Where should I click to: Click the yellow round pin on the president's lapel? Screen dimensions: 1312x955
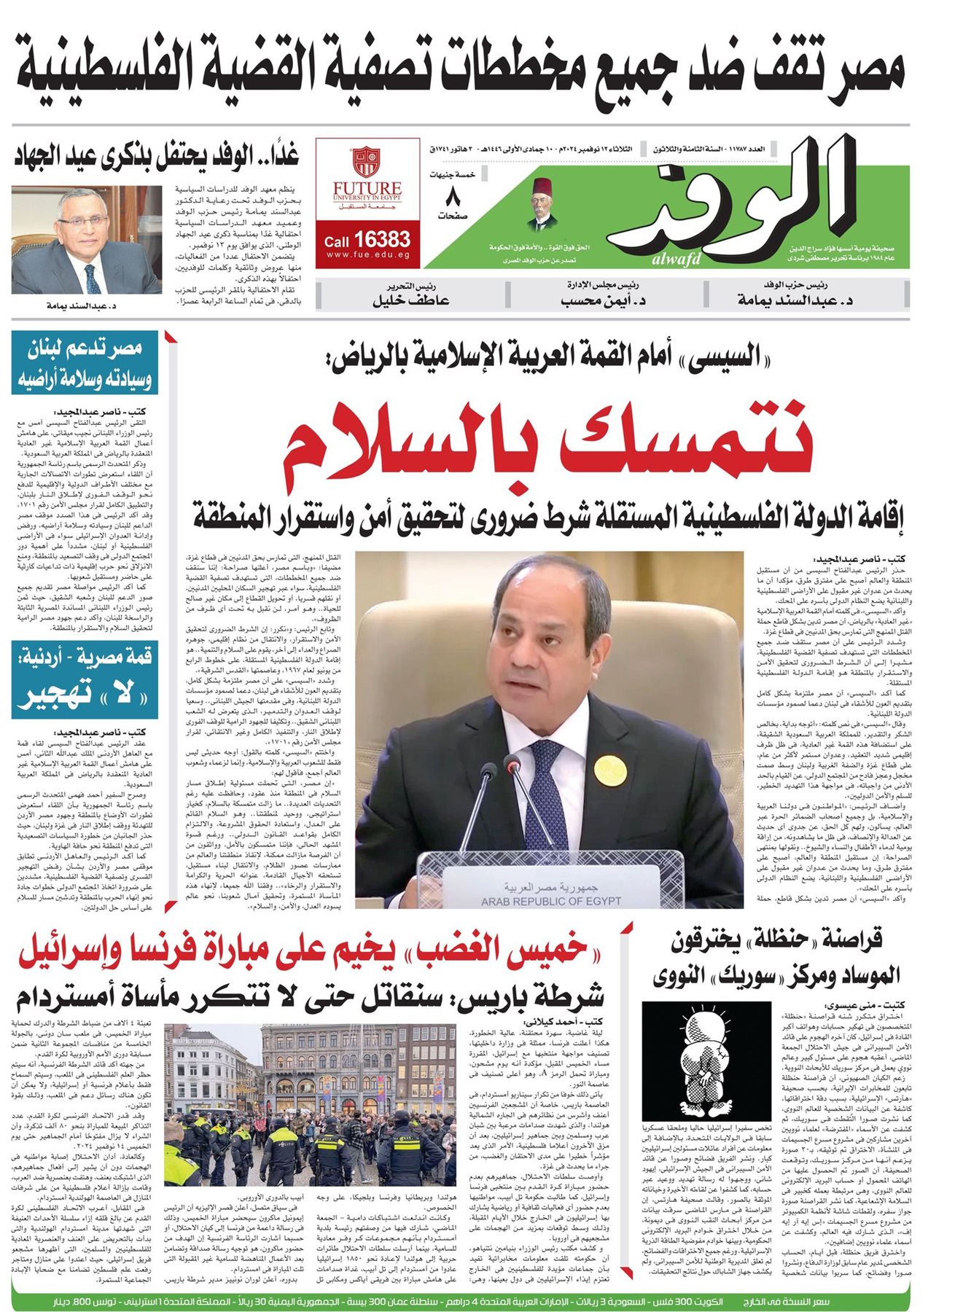pyautogui.click(x=606, y=766)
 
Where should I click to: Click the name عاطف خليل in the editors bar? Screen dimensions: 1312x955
pyautogui.click(x=410, y=300)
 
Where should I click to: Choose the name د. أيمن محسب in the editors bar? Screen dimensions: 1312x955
pyautogui.click(x=604, y=300)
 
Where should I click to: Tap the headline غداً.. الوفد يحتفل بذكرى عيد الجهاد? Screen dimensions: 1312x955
pyautogui.click(x=157, y=157)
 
